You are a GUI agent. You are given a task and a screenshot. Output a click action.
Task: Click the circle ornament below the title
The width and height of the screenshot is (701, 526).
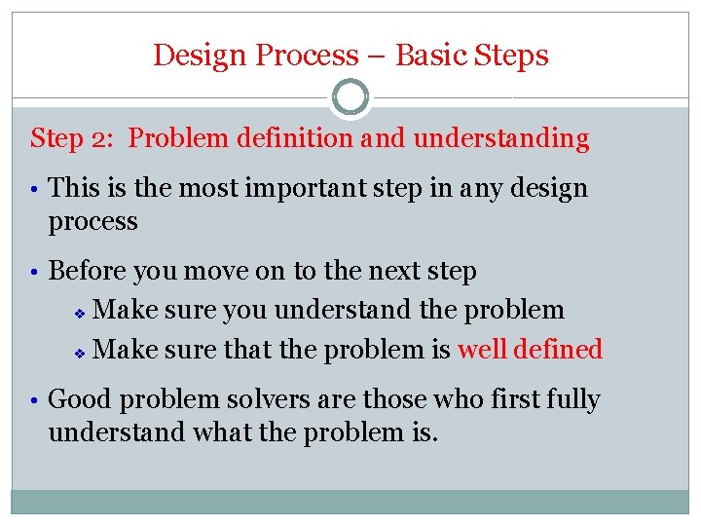click(x=350, y=97)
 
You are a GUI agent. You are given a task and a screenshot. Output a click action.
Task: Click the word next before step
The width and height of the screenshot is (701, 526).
click(x=382, y=271)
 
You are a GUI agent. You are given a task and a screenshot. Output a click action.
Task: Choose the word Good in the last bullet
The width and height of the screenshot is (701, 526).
click(x=79, y=399)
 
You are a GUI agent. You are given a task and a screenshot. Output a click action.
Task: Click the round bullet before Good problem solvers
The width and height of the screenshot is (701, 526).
click(x=35, y=400)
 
